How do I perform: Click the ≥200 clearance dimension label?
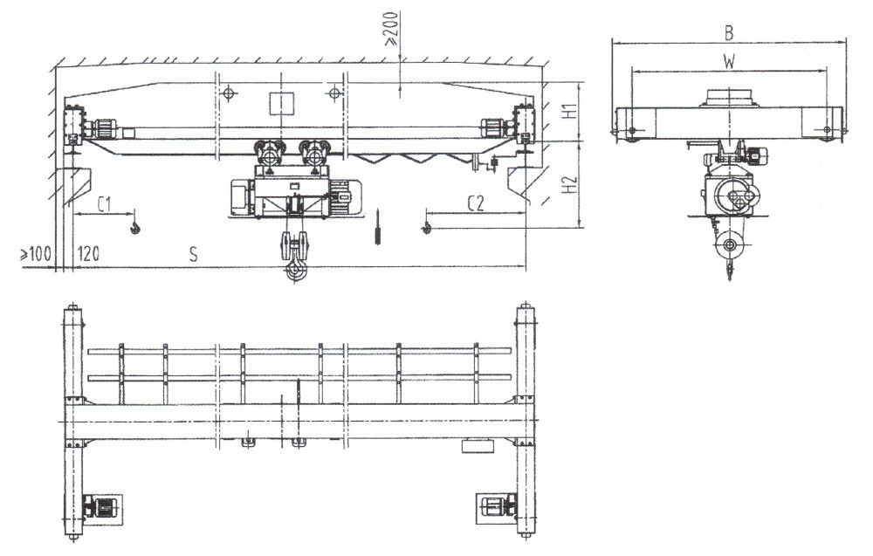(x=392, y=29)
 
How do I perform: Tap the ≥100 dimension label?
(x=36, y=255)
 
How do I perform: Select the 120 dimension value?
(x=88, y=254)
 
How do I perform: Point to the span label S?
(x=193, y=254)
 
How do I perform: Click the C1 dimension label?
(x=105, y=204)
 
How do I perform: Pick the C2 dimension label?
(x=476, y=203)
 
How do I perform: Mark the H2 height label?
(x=568, y=184)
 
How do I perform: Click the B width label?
(x=729, y=33)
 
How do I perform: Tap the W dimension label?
(x=729, y=61)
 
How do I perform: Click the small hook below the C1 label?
(x=134, y=227)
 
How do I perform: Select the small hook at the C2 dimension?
(x=427, y=227)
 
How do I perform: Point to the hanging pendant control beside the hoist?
(x=378, y=227)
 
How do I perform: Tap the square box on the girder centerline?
(x=282, y=104)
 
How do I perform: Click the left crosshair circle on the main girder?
(x=228, y=93)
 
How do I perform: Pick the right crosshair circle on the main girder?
(x=334, y=93)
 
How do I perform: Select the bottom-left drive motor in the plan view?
(x=102, y=508)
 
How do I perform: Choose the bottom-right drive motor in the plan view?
(x=497, y=508)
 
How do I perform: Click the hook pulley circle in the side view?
(x=729, y=245)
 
